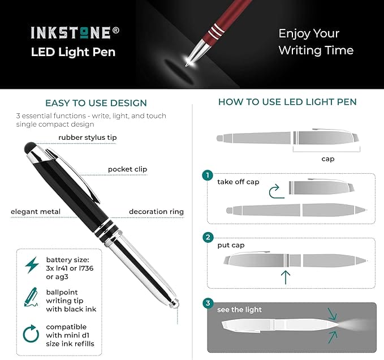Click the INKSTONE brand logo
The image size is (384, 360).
tap(71, 33)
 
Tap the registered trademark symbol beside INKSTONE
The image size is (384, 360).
tap(116, 30)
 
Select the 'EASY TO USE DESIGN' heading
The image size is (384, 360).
tap(96, 103)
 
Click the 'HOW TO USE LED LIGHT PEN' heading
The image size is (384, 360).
tap(287, 102)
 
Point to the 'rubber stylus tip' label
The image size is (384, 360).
tap(88, 138)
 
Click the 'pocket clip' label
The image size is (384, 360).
tap(127, 169)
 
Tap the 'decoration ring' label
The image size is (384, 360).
tap(156, 212)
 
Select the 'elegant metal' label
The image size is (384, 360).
tap(36, 212)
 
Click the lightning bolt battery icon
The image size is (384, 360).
tap(32, 265)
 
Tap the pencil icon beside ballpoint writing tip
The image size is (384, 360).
tap(31, 297)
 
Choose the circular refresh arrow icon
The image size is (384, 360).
tap(31, 333)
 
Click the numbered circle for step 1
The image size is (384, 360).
tap(208, 175)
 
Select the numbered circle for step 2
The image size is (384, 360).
tap(208, 237)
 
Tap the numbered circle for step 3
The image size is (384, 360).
tap(208, 303)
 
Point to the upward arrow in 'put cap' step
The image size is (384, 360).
tap(286, 277)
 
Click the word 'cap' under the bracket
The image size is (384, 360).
tap(328, 159)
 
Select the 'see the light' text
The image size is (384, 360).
tap(239, 310)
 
